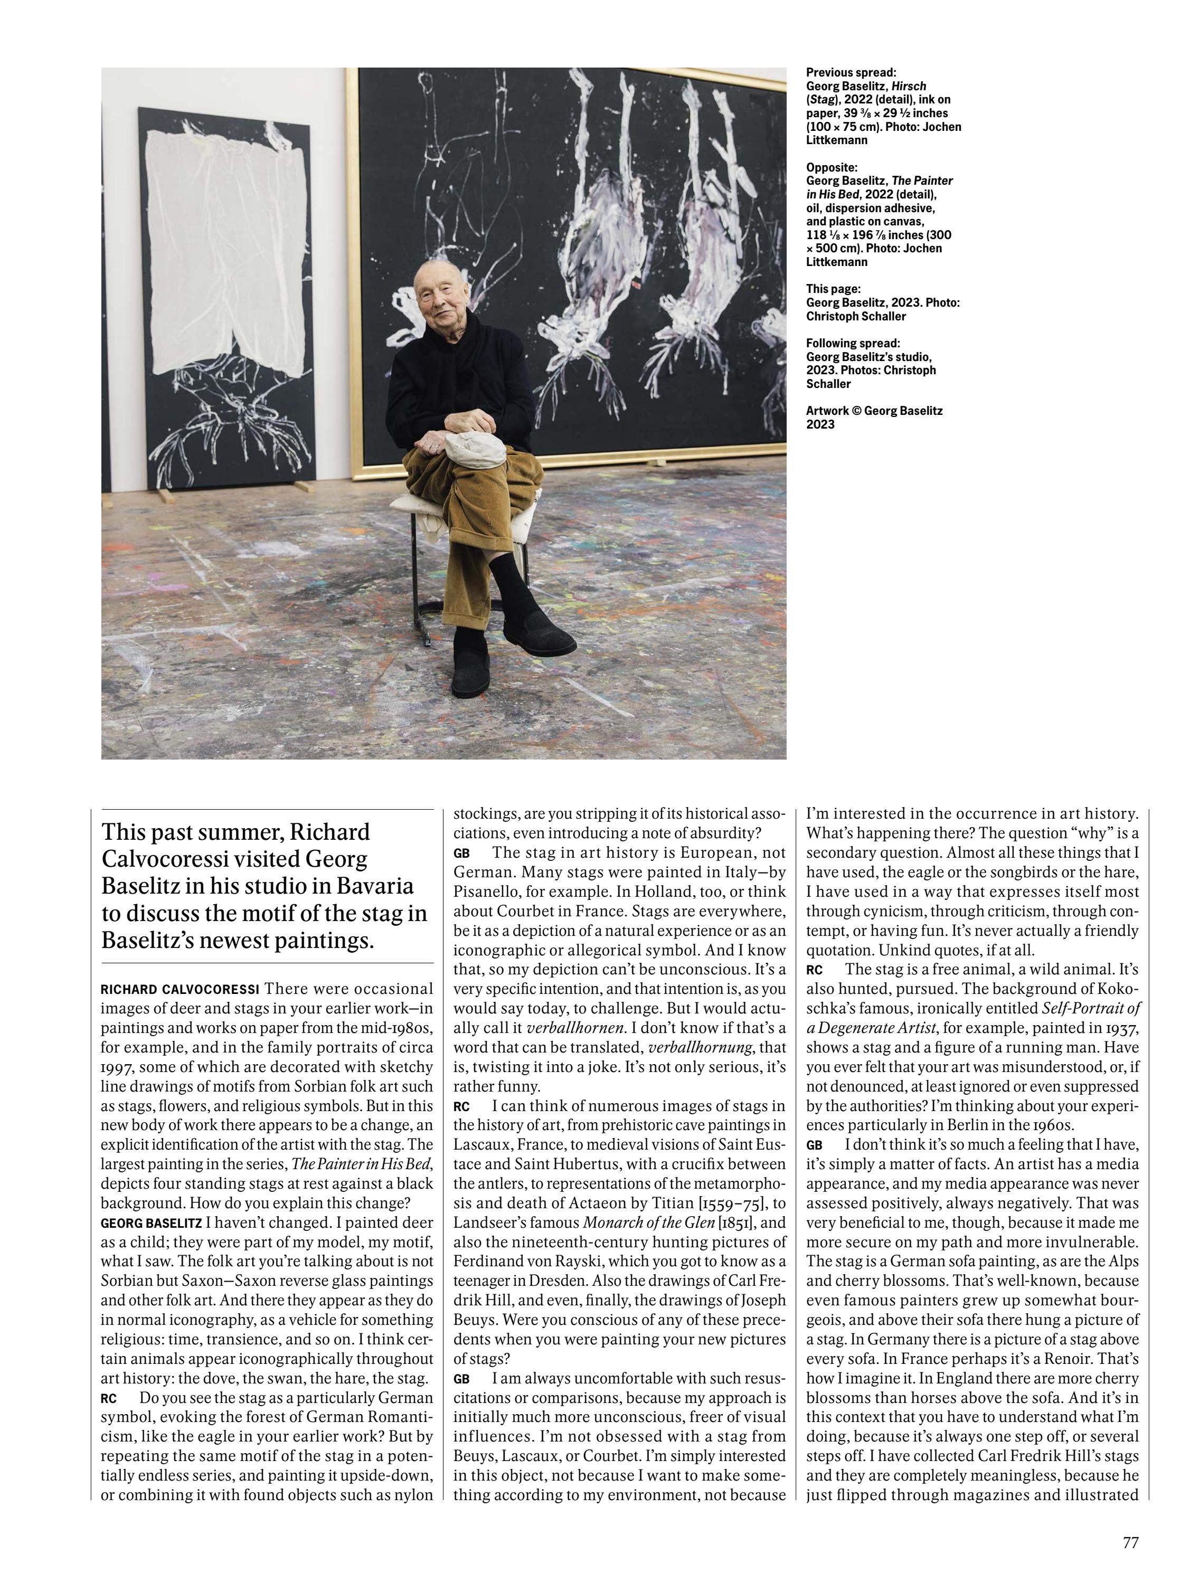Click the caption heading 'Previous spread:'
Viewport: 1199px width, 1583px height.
[851, 72]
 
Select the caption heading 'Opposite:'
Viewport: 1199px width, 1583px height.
[831, 167]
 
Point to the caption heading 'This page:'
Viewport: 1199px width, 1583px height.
[833, 289]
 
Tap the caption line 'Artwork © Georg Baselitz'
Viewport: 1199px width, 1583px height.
[874, 411]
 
